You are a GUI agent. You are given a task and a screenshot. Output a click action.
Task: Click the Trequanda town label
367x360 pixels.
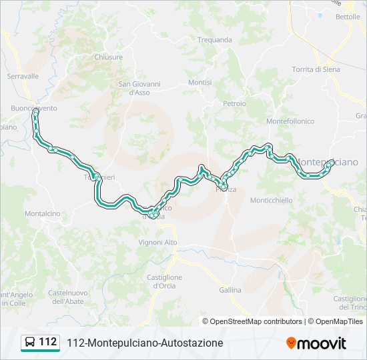coord(215,40)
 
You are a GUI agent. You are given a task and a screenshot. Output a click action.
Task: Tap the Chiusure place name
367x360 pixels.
coord(109,57)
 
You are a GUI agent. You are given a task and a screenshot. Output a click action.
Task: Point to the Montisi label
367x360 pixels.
coord(200,83)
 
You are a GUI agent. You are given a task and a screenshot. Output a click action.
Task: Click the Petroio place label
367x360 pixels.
coord(234,104)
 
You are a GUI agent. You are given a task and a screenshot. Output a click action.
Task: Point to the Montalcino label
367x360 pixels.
coord(42,213)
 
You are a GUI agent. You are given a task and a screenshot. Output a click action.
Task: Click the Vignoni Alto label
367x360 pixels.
coord(157,242)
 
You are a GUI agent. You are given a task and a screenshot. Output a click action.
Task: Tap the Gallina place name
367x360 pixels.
coord(230,290)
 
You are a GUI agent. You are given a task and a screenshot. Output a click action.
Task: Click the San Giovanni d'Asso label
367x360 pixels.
coord(139,88)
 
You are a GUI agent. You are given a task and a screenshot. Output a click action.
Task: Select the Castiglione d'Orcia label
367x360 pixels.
coord(164,281)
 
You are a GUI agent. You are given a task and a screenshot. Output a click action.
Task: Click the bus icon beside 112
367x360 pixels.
coord(30,343)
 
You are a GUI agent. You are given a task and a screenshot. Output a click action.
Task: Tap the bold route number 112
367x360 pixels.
coord(48,342)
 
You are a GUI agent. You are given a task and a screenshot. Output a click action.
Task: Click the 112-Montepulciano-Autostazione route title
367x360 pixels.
coord(145,343)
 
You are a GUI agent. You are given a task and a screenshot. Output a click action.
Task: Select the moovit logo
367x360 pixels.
coord(316,343)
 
